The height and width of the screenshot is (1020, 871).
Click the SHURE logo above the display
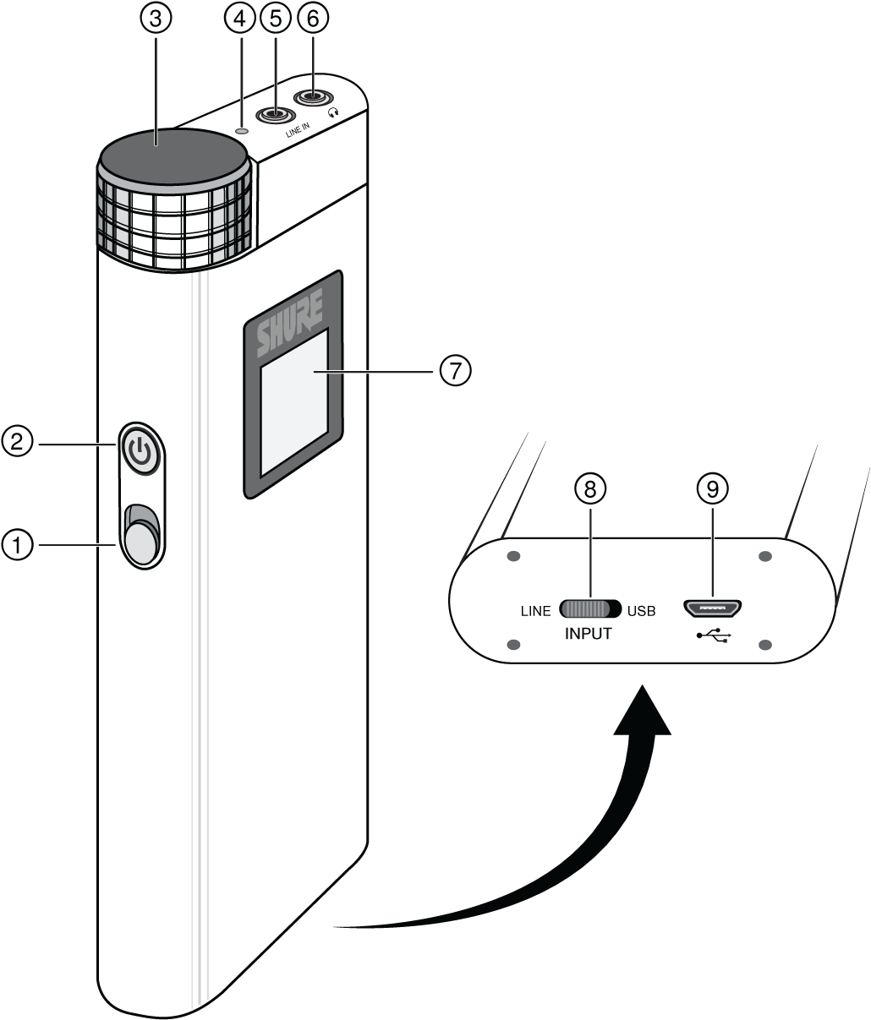pos(290,325)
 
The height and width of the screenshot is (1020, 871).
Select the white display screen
pos(293,404)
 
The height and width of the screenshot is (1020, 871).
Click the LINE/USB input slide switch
pos(590,609)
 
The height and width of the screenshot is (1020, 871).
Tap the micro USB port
pos(714,608)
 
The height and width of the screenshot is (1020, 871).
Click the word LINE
pos(535,611)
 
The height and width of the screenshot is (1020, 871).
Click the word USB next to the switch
pos(641,611)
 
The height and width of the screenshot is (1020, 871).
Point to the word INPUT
pos(588,633)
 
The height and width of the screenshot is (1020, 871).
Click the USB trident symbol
pos(714,635)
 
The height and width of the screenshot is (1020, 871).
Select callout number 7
pos(456,371)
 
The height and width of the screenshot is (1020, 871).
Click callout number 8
pos(590,488)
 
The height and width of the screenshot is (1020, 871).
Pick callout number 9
pos(713,488)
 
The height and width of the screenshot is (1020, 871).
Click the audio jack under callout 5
pos(274,114)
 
